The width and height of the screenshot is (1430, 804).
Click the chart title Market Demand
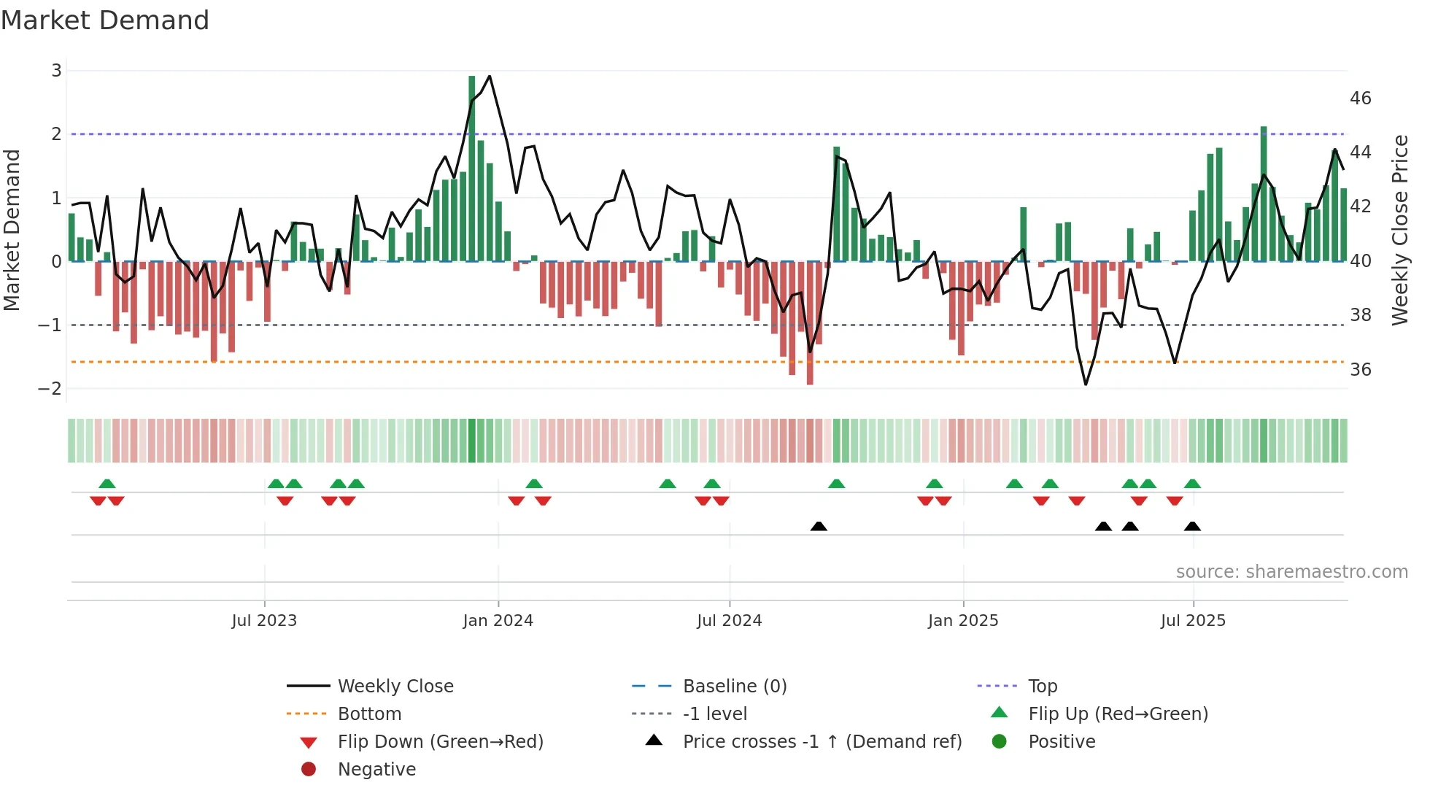coord(105,20)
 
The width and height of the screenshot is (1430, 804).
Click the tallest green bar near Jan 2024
coord(472,168)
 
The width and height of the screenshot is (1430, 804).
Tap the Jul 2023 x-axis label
coord(264,621)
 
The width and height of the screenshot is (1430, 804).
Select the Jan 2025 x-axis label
coord(963,621)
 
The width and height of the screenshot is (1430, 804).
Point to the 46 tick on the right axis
coord(1361,98)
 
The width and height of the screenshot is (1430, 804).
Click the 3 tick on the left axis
coord(56,71)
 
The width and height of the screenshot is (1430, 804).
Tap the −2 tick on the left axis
coord(50,389)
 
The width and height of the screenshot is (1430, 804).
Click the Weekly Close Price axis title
coord(1399,230)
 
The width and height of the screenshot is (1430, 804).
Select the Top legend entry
coord(1043,687)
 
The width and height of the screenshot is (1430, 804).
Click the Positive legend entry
coord(1062,742)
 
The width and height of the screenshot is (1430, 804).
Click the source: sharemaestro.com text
coord(1291,572)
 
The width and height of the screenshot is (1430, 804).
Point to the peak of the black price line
coord(490,76)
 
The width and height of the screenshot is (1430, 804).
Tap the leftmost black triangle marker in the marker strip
coord(819,526)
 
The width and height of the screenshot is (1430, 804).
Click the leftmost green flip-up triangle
coord(107,484)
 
